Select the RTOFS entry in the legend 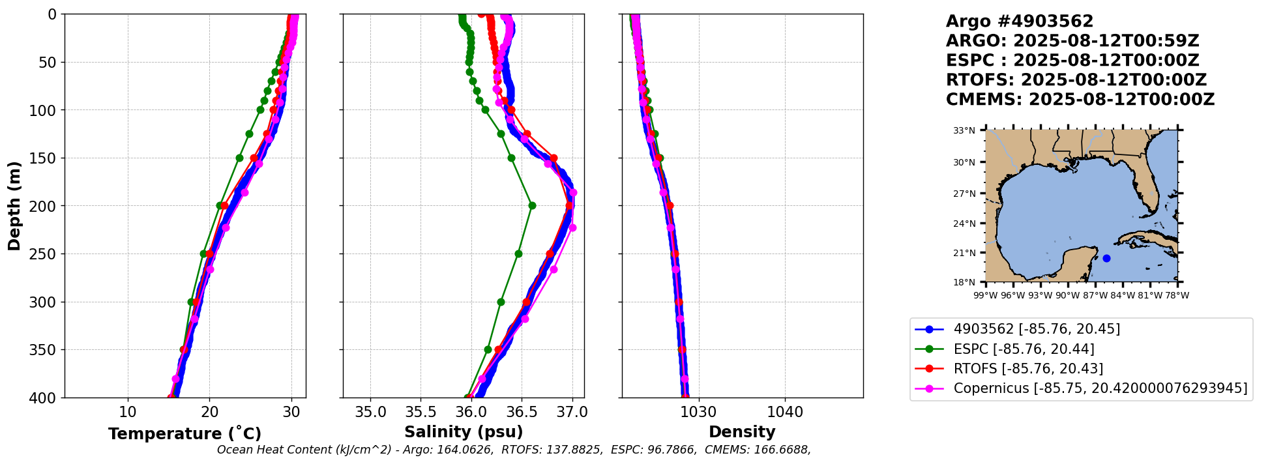(1028, 369)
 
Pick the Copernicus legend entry (1100, 388)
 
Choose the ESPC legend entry (1024, 349)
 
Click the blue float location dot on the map (1106, 258)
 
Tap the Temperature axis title (185, 433)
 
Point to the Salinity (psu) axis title (464, 432)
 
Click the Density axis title (742, 432)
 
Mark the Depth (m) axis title (14, 205)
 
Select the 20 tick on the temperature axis (209, 412)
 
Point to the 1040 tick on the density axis (785, 412)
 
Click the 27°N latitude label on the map (964, 194)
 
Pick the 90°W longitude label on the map (1068, 295)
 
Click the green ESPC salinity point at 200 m (532, 205)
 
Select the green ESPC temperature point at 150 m (239, 158)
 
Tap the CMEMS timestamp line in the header (1080, 100)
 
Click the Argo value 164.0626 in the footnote (466, 450)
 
